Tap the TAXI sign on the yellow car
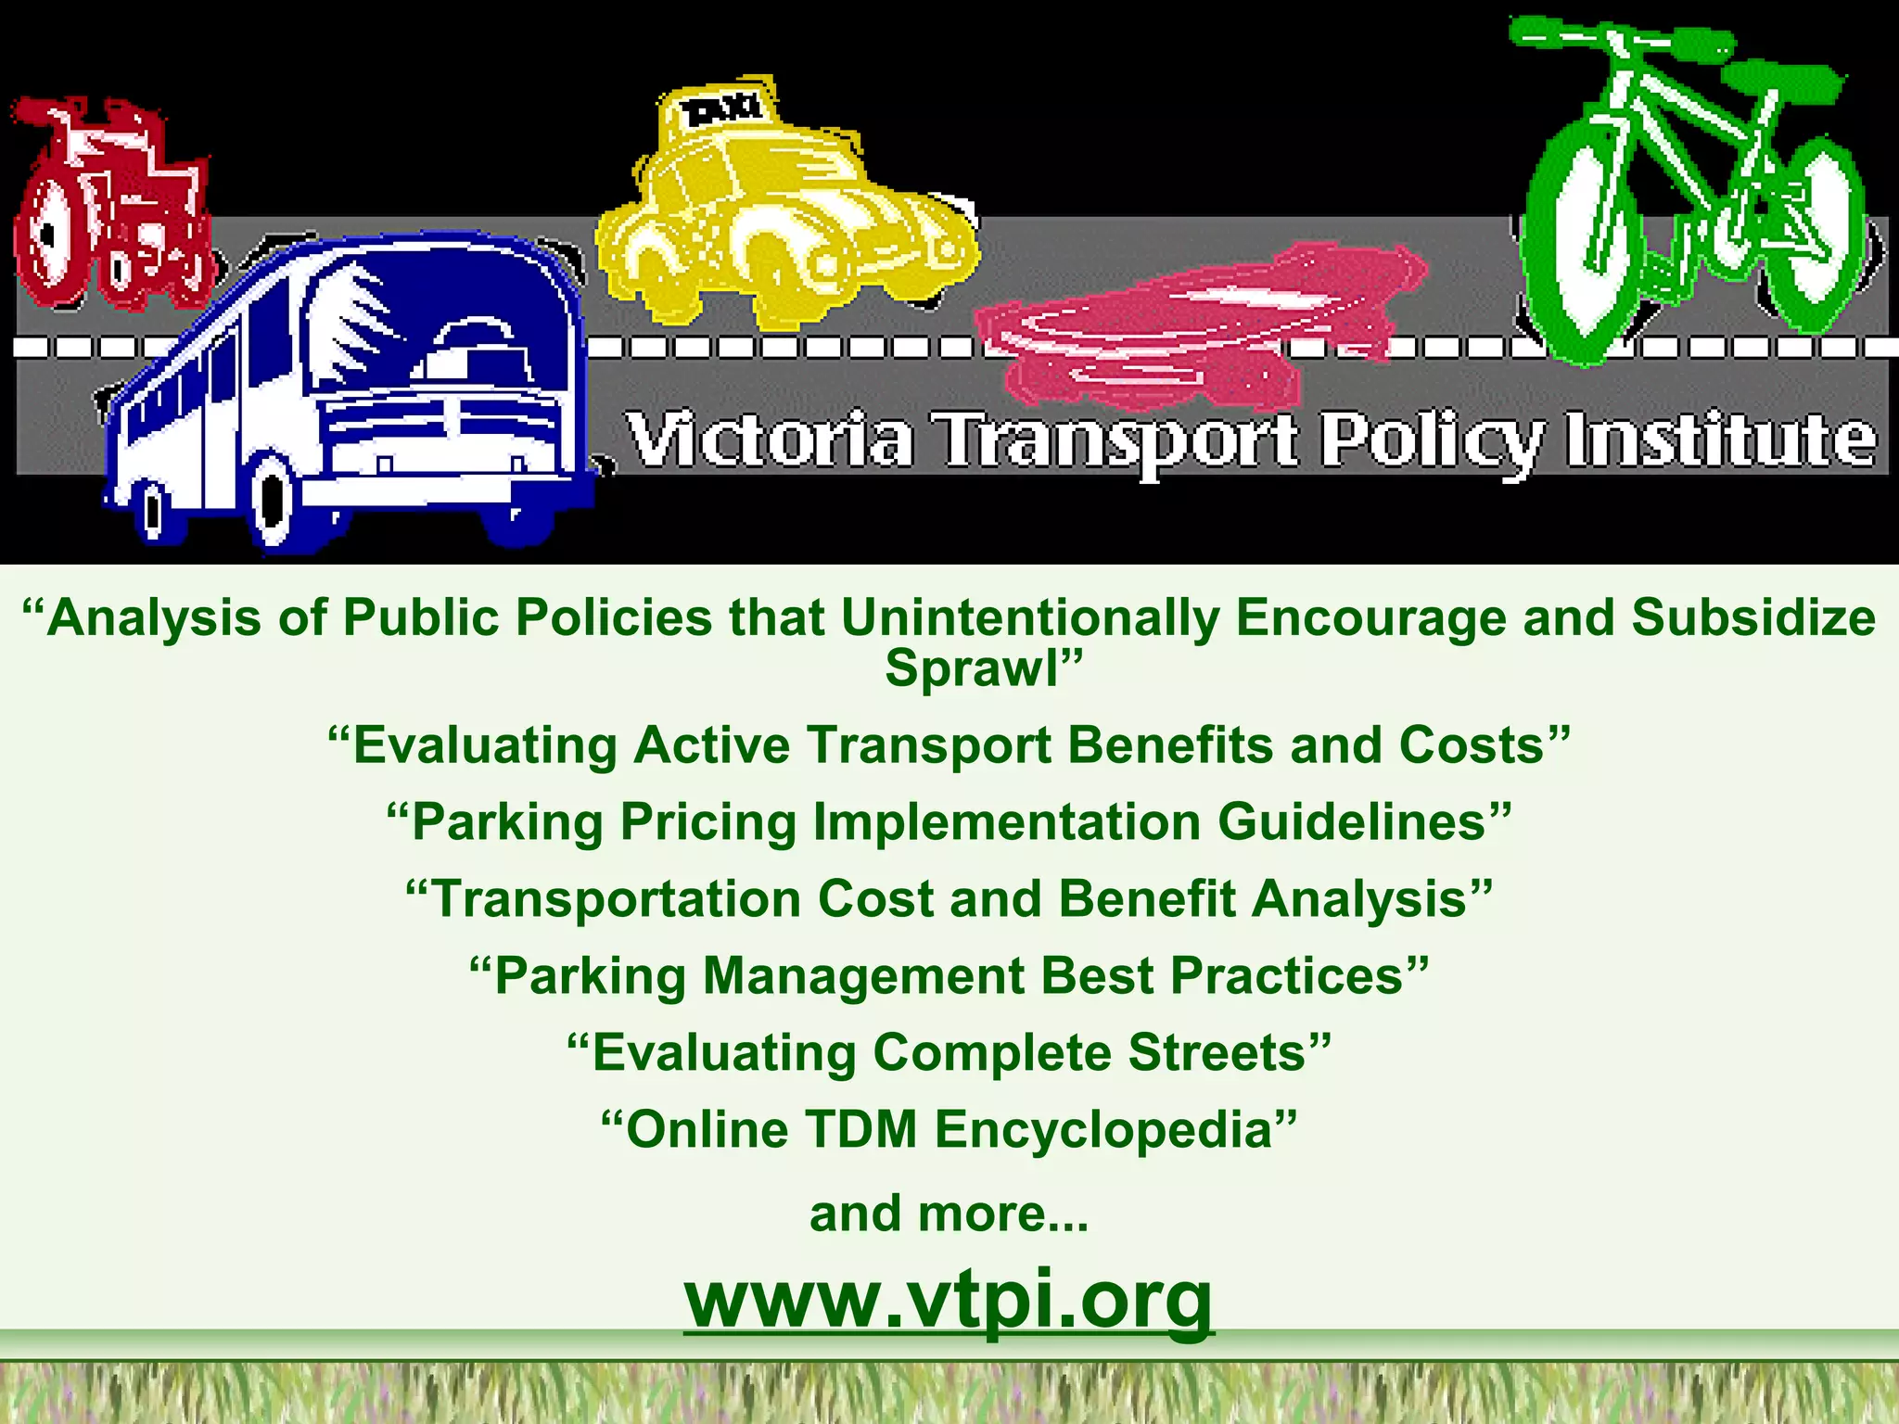[722, 110]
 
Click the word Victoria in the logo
[769, 439]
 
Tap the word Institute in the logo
[1721, 439]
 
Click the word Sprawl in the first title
[971, 667]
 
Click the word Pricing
[708, 821]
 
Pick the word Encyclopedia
[1102, 1129]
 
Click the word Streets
[1217, 1052]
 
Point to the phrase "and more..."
[949, 1214]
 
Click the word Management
[863, 975]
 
